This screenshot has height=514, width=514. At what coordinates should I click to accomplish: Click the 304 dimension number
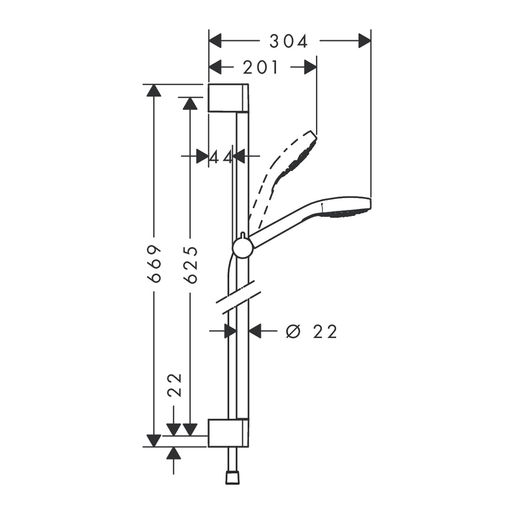288,41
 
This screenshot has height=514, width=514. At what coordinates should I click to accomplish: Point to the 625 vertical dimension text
191,265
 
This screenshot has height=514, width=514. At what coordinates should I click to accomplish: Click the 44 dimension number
221,157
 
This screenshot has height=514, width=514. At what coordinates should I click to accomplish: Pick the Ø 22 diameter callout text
311,332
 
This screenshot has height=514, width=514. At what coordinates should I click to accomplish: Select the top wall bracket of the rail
228,98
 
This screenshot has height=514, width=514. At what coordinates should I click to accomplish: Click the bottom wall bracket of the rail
228,432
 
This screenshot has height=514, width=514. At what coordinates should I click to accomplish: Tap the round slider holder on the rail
243,248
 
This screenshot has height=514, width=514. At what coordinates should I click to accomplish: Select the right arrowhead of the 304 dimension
365,41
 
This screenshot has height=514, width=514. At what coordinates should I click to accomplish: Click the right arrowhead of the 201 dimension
311,67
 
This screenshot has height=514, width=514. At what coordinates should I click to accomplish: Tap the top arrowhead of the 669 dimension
154,90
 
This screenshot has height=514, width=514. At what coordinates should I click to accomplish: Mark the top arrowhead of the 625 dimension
191,104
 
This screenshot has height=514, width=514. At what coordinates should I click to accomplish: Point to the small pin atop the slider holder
242,235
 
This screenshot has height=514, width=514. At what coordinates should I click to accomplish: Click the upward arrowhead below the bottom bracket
174,453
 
